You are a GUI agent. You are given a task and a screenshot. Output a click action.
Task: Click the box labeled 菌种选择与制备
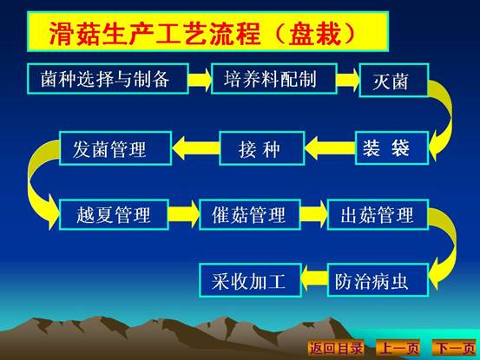[108, 79]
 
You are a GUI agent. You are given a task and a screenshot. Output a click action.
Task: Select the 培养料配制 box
[274, 79]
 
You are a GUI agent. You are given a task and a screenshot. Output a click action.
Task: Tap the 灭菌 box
[394, 80]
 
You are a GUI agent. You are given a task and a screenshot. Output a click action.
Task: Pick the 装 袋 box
[391, 148]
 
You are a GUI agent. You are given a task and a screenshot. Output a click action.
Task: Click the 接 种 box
[262, 148]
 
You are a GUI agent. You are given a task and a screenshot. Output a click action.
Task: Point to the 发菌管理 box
[115, 148]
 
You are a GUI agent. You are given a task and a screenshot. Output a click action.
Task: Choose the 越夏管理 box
[114, 214]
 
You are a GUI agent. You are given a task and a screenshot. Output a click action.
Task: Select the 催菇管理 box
[250, 214]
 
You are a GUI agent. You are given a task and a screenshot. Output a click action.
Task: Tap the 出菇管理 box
[378, 214]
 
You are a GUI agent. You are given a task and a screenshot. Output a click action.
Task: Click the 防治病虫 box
[378, 280]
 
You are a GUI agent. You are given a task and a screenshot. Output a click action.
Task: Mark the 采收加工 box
[250, 280]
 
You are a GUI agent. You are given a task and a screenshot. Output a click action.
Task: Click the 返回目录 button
[336, 348]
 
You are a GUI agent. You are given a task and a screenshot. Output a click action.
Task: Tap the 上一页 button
[398, 348]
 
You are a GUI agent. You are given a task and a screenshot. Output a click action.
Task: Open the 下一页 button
[455, 348]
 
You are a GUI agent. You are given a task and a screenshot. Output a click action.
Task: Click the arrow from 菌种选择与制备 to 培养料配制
[200, 79]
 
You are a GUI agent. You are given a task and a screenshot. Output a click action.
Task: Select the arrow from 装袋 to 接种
[330, 148]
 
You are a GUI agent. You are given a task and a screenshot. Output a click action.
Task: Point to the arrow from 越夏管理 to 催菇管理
[184, 214]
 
